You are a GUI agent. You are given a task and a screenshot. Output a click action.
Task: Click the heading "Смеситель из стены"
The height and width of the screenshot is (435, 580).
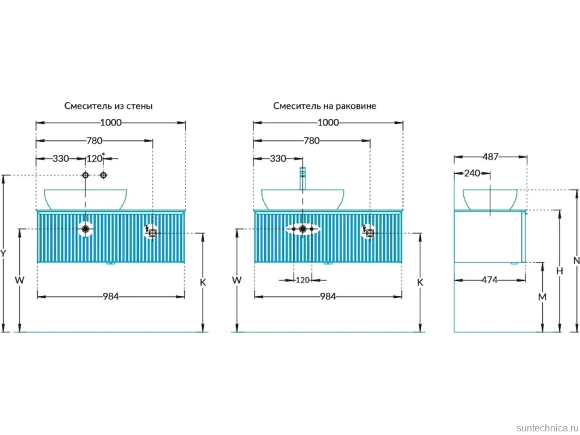click(108, 106)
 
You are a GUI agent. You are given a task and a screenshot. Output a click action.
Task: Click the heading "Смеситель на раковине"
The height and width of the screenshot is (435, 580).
click(325, 106)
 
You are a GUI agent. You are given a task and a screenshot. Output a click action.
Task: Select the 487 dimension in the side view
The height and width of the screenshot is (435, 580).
click(490, 157)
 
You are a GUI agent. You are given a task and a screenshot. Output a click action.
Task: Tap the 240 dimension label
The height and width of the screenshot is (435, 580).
click(472, 173)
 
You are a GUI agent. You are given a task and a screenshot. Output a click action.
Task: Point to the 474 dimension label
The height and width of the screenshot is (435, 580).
click(489, 280)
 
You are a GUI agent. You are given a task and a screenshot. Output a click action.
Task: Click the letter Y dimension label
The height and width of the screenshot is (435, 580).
click(3, 253)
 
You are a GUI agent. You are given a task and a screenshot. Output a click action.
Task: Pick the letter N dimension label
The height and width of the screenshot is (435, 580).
click(576, 261)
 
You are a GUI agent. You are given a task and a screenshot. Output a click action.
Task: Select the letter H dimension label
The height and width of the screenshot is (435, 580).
click(560, 271)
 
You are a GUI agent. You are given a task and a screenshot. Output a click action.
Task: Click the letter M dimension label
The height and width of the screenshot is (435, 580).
click(542, 297)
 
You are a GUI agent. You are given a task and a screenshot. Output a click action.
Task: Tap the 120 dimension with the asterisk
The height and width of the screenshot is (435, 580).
click(96, 158)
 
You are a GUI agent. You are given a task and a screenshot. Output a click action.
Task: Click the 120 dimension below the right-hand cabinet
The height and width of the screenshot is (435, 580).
click(303, 280)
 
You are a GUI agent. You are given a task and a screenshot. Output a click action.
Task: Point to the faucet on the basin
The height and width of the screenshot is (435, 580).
click(303, 178)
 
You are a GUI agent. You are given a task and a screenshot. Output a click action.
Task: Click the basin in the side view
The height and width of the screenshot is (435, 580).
click(490, 200)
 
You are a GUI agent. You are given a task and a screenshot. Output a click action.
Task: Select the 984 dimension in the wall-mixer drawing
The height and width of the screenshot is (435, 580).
click(111, 296)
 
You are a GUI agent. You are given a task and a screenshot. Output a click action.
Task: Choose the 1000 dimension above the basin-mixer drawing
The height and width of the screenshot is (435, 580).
click(328, 122)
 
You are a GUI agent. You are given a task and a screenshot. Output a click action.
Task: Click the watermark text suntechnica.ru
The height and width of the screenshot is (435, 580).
click(548, 428)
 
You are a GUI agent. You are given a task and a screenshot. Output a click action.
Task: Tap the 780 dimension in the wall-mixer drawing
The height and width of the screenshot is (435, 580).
click(94, 141)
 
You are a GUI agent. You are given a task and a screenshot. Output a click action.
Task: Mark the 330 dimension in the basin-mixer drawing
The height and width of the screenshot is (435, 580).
click(278, 158)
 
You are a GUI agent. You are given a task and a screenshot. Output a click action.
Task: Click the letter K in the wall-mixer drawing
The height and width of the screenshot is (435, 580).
click(203, 283)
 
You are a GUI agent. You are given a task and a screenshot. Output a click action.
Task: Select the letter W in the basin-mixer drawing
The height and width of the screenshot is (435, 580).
click(237, 280)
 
